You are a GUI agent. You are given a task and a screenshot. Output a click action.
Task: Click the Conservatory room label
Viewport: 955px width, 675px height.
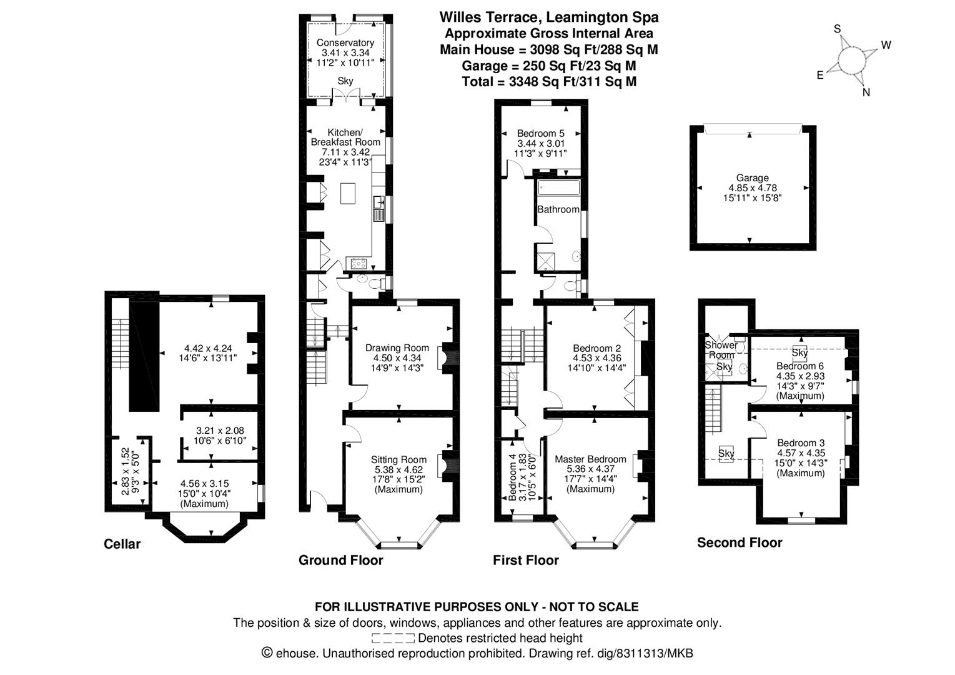point(345,42)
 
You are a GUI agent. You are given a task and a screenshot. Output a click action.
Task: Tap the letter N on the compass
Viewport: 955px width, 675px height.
point(866,92)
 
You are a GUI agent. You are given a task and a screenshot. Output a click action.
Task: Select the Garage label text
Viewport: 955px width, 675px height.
point(753,178)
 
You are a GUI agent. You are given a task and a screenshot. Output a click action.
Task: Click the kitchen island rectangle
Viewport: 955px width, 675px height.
point(348,193)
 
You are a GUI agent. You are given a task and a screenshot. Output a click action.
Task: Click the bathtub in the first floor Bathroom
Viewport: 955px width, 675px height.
point(559,187)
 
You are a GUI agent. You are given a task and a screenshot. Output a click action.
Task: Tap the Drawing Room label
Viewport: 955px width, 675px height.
point(397,348)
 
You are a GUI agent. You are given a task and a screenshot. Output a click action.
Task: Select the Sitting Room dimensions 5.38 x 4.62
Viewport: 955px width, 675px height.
point(398,470)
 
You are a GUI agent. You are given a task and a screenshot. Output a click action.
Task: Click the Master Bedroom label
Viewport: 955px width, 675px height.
point(590,459)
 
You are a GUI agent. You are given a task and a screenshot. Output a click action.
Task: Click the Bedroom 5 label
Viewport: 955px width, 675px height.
point(541,134)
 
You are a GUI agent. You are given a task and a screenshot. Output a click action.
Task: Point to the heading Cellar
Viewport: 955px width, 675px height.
point(122,544)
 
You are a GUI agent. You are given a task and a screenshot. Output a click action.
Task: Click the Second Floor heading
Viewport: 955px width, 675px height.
point(740,542)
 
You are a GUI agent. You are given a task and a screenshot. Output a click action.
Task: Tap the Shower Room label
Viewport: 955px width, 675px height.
point(721,350)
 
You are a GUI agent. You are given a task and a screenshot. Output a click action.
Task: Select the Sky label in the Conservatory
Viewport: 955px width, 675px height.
point(345,81)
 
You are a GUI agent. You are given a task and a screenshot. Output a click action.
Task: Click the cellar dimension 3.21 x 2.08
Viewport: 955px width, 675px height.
point(220,431)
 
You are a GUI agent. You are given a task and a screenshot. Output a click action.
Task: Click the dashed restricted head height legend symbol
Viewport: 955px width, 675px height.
point(393,638)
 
